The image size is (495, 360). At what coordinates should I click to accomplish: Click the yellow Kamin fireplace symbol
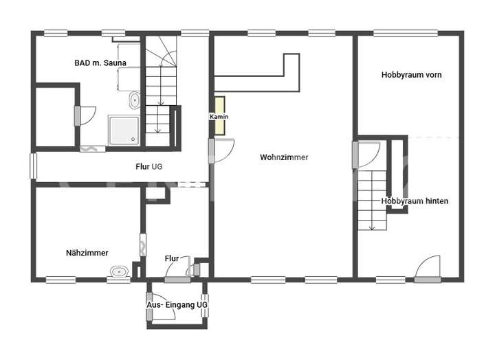coord(219,110)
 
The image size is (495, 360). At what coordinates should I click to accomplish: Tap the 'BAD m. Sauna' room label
coord(100,63)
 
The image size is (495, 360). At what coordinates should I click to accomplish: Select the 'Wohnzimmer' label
coord(284,157)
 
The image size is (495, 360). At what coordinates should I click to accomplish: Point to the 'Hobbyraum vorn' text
coord(411,75)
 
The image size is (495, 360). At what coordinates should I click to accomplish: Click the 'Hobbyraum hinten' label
coord(415,201)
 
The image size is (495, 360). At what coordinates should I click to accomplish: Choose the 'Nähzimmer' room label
coord(87,253)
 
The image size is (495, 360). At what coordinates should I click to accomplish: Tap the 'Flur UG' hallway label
coord(148,166)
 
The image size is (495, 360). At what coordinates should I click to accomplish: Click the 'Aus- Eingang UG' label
coord(177,304)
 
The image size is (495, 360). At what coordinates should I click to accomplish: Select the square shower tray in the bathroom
coord(124,129)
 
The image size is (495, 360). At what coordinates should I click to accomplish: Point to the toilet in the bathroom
coord(134,102)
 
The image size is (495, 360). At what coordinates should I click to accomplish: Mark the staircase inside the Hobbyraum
coord(373,199)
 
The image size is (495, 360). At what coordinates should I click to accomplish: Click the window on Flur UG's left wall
coord(32,166)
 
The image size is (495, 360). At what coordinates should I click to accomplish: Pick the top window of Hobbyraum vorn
coord(405,32)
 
